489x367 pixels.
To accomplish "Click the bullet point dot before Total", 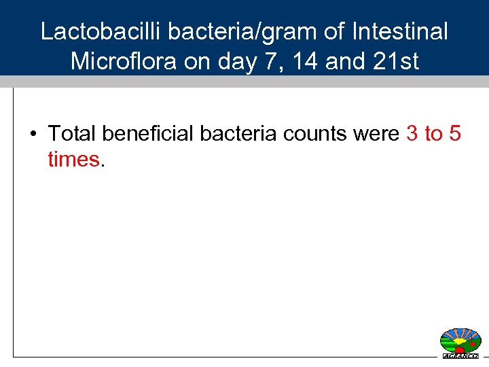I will tap(33, 134).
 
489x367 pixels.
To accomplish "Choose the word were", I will tap(376, 134).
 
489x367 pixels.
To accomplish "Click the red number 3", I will tap(412, 134).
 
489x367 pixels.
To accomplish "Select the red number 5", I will tap(455, 134).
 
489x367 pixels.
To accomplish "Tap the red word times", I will tap(73, 160).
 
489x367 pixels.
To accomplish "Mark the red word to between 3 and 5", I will tap(433, 134).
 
